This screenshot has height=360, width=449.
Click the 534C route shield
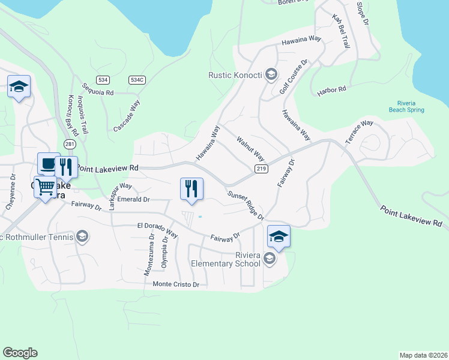point(137,79)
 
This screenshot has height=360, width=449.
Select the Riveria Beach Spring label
point(406,106)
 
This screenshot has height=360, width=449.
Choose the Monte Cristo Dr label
point(176,284)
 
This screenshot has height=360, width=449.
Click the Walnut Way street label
point(250,149)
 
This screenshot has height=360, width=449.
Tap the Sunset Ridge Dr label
point(246,205)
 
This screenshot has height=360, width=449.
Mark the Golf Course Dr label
point(294,77)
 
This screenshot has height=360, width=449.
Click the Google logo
point(20,353)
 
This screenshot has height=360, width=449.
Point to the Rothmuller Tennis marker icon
point(82,236)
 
